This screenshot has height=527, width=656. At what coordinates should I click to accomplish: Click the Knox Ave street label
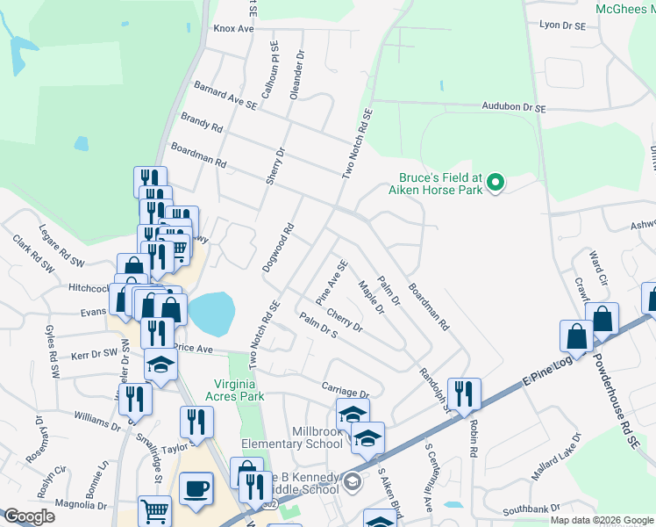(233, 29)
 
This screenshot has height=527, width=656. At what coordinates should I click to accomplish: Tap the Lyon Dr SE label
(562, 25)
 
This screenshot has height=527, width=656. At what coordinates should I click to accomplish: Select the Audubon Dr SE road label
(513, 106)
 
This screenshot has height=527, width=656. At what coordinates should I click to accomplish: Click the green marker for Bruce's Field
(496, 183)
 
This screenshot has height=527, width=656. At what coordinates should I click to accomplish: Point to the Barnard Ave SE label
(225, 96)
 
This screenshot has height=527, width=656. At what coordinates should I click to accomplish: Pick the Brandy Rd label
(202, 122)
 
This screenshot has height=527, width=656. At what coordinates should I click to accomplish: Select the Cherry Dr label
(344, 321)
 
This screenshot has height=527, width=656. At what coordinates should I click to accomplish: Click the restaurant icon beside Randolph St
(463, 393)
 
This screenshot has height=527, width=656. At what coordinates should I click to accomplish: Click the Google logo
(29, 516)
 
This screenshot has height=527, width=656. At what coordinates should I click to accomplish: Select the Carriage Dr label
(345, 389)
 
